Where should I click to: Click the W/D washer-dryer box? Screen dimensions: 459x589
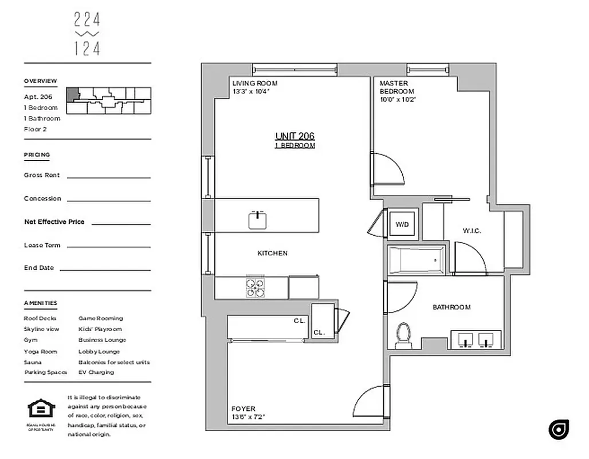pyautogui.click(x=403, y=224)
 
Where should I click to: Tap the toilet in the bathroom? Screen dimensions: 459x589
pyautogui.click(x=405, y=335)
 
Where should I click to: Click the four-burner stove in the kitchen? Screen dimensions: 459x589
pyautogui.click(x=256, y=287)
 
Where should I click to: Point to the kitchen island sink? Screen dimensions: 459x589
pyautogui.click(x=258, y=220)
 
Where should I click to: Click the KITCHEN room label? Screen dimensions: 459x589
pyautogui.click(x=272, y=253)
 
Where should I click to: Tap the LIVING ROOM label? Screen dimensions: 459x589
pyautogui.click(x=255, y=83)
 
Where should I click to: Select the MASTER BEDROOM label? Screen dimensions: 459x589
pyautogui.click(x=396, y=87)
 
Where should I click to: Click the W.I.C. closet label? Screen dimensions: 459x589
pyautogui.click(x=472, y=231)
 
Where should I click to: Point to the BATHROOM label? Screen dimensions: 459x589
pyautogui.click(x=451, y=308)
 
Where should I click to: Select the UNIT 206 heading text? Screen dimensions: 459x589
pyautogui.click(x=294, y=136)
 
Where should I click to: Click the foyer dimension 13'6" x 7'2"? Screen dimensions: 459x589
pyautogui.click(x=248, y=417)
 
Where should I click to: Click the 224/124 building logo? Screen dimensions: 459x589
pyautogui.click(x=87, y=34)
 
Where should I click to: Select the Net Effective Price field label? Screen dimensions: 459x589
pyautogui.click(x=54, y=222)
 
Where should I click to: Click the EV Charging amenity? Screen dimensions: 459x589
pyautogui.click(x=96, y=372)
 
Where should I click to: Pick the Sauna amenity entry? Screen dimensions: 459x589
pyautogui.click(x=32, y=362)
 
